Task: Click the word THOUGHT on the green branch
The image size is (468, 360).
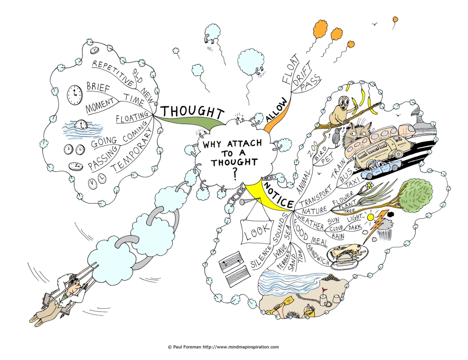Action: pos(192,112)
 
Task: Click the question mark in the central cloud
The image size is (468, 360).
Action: pos(235,173)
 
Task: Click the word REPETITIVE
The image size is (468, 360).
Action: pos(112,72)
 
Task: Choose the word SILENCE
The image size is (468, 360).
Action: pos(261,257)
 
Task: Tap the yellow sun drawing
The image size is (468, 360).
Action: pos(371,217)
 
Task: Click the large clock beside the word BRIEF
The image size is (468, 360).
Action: pos(74,94)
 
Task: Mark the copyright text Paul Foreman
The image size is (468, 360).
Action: pos(186,347)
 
